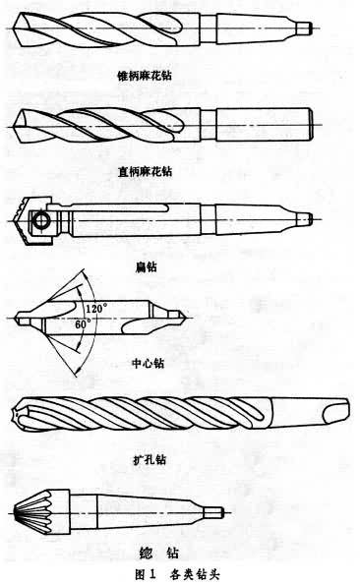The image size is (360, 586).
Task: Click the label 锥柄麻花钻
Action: point(145,76)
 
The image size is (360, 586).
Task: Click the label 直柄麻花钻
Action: point(145,171)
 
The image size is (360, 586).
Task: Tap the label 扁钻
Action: point(147,266)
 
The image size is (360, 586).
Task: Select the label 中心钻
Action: point(149,363)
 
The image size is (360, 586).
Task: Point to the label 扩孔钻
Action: point(150,459)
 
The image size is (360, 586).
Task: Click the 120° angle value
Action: point(96,309)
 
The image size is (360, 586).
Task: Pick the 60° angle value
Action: point(83,323)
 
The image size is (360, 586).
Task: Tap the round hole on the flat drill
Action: point(39,220)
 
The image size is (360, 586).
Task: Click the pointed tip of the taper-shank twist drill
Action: point(14,29)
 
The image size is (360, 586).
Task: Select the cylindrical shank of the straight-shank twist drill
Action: point(264,125)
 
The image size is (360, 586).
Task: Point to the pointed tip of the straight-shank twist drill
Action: point(14,126)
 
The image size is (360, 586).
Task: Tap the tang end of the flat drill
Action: point(304,219)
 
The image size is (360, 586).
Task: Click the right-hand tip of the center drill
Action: point(184,318)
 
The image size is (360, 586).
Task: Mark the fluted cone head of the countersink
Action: point(41,512)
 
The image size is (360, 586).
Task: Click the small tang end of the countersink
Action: point(215,512)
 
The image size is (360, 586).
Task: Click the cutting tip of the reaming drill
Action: point(16,414)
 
